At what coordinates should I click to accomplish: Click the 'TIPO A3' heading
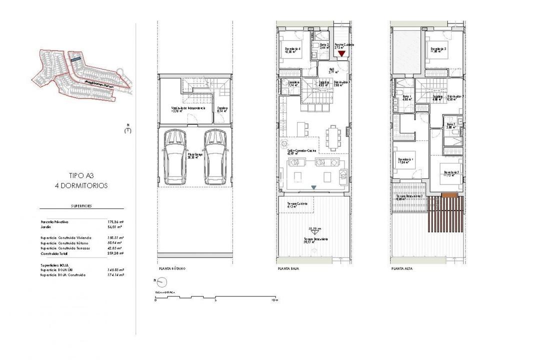point(82,175)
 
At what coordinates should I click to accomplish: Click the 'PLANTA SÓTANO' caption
point(171,268)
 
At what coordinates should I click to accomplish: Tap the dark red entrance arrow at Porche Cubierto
point(342,53)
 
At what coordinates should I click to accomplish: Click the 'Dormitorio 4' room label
point(292,48)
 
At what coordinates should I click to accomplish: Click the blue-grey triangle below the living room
point(313,187)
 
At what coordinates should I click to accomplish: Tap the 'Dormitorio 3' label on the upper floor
point(438,48)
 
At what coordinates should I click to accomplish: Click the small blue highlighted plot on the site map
point(74,59)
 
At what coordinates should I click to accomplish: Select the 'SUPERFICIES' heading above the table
point(81,205)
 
